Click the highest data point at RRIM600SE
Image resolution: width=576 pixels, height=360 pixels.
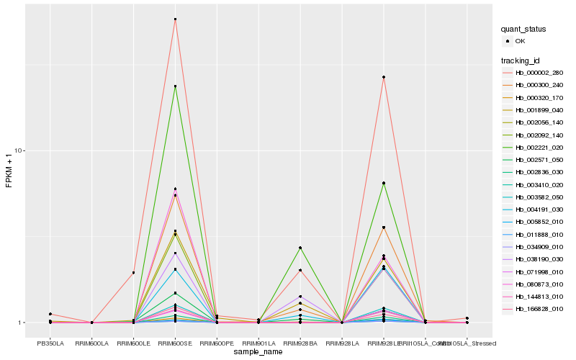[175, 19]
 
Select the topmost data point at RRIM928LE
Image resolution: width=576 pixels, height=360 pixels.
[384, 77]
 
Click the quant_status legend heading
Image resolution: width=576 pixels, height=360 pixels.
[524, 30]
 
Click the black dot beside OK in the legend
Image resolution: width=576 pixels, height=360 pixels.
[508, 42]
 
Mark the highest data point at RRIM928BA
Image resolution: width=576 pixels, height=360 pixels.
[300, 248]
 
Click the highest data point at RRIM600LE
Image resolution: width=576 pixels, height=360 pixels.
[133, 273]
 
